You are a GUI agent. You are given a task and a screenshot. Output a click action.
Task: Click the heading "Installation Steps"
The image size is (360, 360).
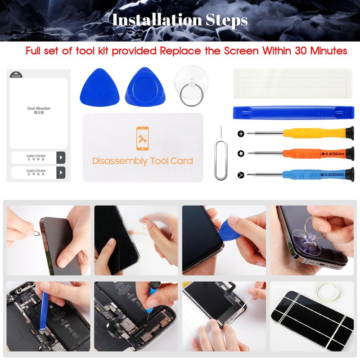tap(180, 20)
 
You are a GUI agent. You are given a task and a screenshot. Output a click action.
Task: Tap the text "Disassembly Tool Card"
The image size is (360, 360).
tap(142, 161)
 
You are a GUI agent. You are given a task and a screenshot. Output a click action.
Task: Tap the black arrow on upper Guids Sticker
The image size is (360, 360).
tap(61, 157)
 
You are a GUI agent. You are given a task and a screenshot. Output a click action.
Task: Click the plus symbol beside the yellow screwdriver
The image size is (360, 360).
tap(241, 134)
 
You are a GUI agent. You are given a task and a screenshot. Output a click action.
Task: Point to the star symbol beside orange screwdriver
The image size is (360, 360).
tap(241, 154)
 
